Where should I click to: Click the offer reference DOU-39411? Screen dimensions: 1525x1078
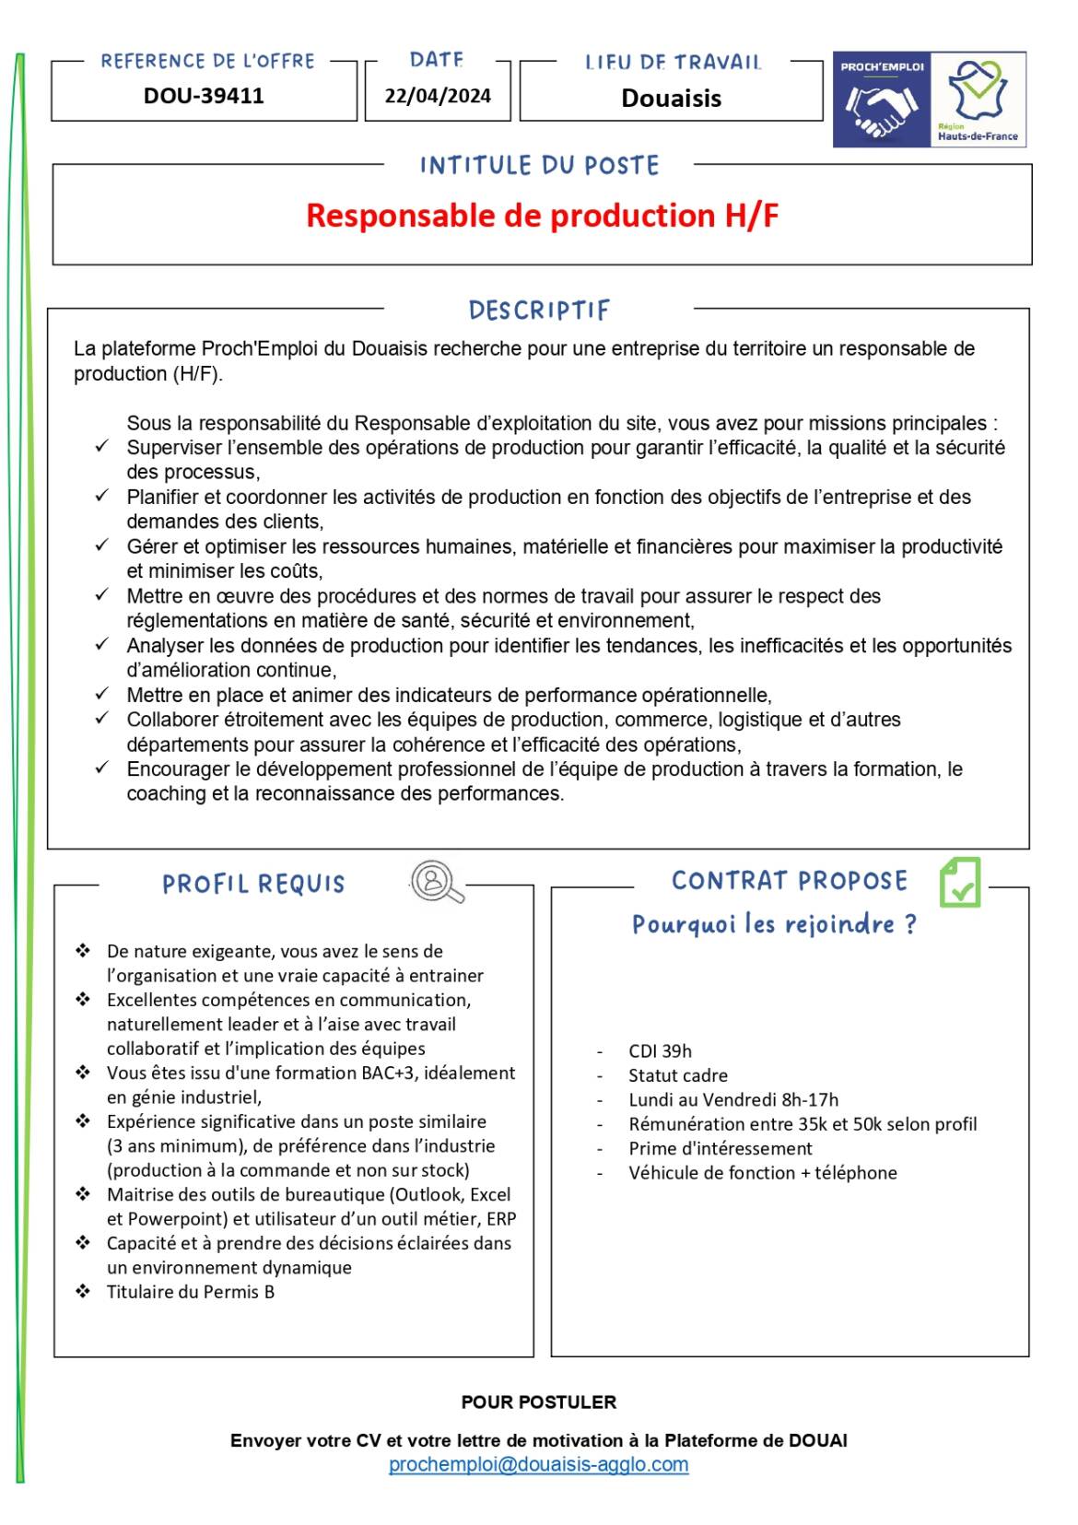(x=204, y=96)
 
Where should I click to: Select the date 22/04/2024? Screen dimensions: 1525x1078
(x=438, y=96)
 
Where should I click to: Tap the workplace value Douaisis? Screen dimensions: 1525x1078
(x=671, y=99)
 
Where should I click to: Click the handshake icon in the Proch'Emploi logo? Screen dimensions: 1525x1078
(x=882, y=108)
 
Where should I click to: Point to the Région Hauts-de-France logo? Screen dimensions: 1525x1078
(x=978, y=100)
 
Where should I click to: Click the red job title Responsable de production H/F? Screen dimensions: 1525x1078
(x=542, y=216)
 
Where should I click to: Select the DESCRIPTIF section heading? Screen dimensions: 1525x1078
(x=539, y=311)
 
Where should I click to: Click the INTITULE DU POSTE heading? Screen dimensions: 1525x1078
(x=539, y=166)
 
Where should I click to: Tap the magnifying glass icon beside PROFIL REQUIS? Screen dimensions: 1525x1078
(x=436, y=882)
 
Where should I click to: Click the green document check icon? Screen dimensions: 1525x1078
(x=960, y=882)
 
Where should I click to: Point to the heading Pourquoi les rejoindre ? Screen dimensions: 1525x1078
(x=774, y=924)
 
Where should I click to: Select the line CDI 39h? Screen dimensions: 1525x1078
(x=660, y=1051)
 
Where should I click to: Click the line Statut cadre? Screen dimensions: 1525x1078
(x=677, y=1075)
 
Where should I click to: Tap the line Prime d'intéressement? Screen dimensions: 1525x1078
(x=720, y=1148)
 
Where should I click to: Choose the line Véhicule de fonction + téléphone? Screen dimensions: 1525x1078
(x=762, y=1173)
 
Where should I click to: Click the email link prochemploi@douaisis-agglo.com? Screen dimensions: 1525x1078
(x=538, y=1464)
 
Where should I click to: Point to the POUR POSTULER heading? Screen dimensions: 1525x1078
(x=538, y=1402)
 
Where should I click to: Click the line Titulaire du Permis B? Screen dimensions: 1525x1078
(x=191, y=1292)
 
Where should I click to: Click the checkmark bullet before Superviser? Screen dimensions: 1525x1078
(x=102, y=447)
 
